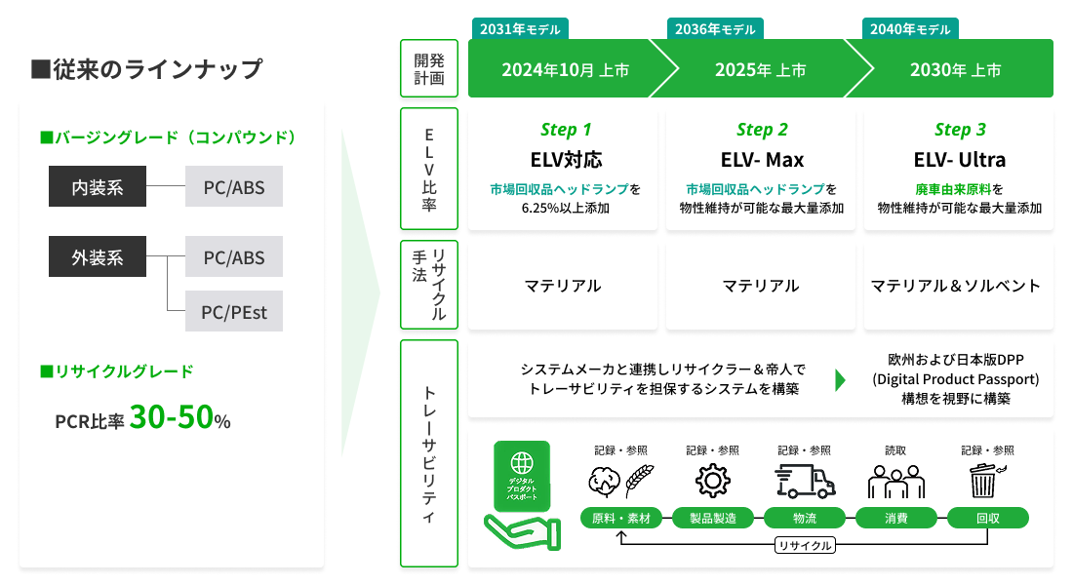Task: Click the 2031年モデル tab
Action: coord(520,29)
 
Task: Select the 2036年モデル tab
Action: coord(715,29)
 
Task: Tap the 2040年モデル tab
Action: coord(910,29)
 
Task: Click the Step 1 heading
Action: coord(566,130)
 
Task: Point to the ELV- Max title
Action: coord(762,159)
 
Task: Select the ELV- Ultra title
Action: coord(960,159)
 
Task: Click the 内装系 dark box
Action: coord(98,186)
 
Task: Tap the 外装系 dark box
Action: coord(98,258)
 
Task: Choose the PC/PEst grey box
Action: coord(234,312)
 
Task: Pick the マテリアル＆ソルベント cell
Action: coord(957,286)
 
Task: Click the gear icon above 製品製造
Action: coord(713,481)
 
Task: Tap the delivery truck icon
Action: coord(805,481)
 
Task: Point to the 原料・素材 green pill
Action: coord(621,518)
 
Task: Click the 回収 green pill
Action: coord(987,518)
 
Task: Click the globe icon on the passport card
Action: coord(522,462)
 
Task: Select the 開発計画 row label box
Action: coord(429,68)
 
